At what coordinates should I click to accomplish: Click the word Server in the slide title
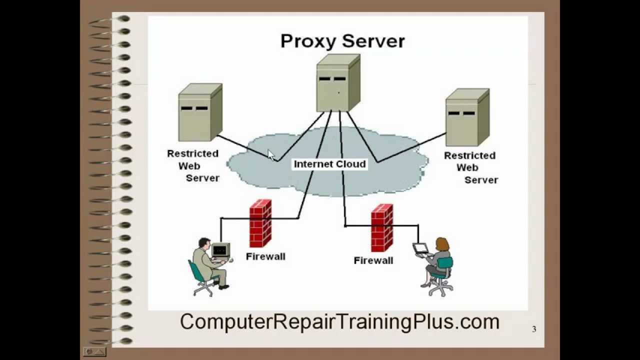point(373,41)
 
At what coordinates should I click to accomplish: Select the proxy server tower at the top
point(338,83)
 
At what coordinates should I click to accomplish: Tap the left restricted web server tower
point(200,112)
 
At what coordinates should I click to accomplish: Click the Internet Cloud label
point(329,164)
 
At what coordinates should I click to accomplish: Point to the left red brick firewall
point(260,223)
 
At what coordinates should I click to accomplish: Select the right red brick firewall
point(381,227)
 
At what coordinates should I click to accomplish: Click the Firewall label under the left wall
point(265,256)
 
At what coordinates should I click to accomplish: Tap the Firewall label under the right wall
point(373,260)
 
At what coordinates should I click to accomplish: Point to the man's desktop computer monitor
point(220,249)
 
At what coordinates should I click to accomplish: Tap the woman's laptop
point(420,248)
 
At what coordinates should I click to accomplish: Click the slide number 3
point(534,329)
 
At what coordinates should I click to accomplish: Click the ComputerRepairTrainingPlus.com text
point(339,321)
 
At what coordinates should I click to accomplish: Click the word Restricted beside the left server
point(192,153)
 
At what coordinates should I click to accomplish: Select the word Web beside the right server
point(467,167)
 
